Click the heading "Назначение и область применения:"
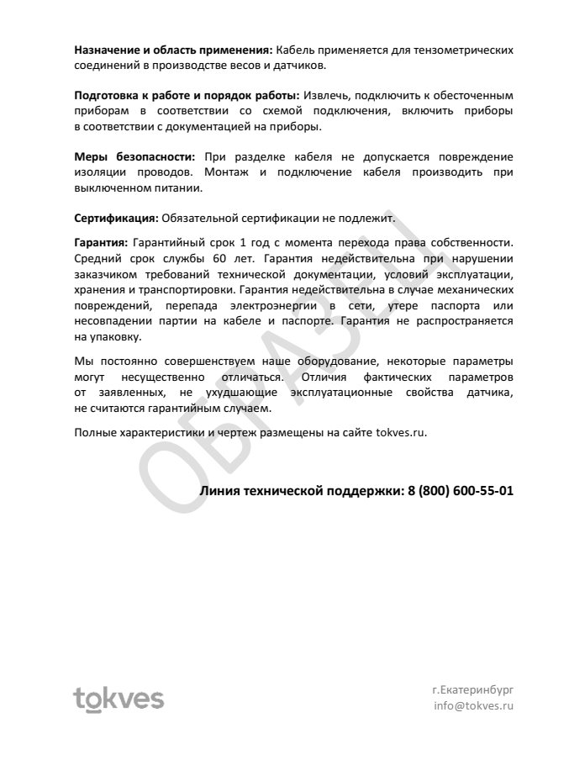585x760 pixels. (173, 50)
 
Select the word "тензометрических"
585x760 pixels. (461, 50)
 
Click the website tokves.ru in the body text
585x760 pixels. (402, 432)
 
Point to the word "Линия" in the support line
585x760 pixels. (220, 490)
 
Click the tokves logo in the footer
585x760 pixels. (119, 698)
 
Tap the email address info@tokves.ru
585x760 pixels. (472, 706)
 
